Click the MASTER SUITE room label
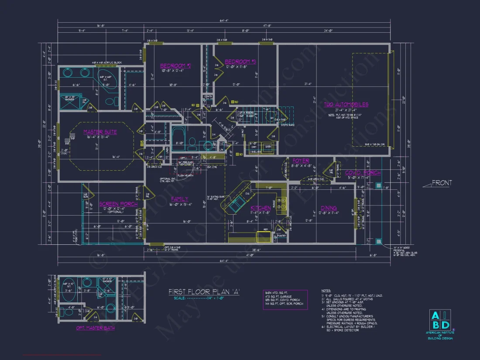(100, 132)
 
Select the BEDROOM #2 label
(175, 66)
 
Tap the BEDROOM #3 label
(240, 62)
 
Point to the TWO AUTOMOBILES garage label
(346, 104)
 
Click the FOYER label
(301, 161)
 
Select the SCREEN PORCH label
(118, 204)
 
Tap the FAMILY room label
(180, 199)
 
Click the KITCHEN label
(261, 208)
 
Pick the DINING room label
(329, 208)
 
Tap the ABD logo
(441, 321)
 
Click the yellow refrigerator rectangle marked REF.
(264, 236)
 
